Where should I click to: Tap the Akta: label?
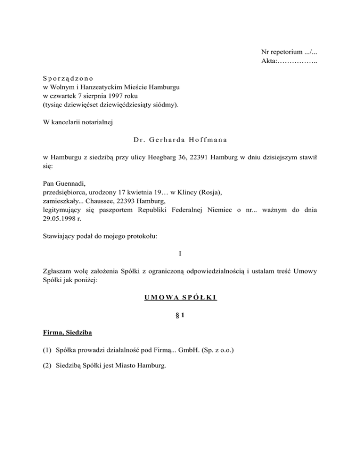click(x=270, y=60)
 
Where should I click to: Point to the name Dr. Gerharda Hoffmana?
click(x=180, y=140)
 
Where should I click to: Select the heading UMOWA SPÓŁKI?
click(x=180, y=297)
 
